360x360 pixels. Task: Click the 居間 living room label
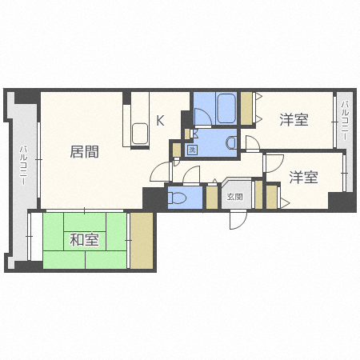[84, 151]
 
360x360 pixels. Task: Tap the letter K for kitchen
[160, 121]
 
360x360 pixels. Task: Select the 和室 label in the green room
[83, 239]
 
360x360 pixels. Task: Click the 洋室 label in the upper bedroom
[294, 120]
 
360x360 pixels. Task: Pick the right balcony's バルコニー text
[345, 120]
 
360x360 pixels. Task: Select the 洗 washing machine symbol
[192, 150]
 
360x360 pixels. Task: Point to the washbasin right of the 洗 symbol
[230, 143]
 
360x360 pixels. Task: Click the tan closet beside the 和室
[142, 240]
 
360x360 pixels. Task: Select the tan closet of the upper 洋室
[246, 109]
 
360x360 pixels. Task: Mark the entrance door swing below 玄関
[238, 219]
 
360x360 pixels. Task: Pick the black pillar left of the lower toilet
[154, 198]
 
